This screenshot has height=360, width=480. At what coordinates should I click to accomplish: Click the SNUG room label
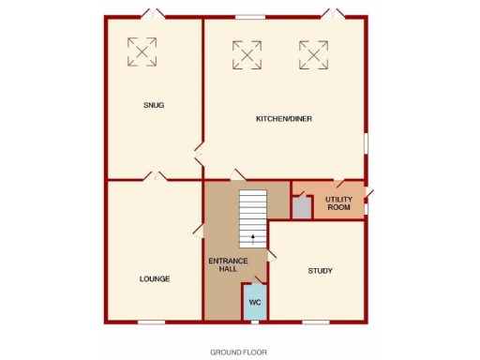[155, 105]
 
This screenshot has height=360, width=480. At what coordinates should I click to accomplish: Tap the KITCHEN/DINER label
[284, 119]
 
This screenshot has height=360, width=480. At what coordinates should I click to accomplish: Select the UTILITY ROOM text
[338, 203]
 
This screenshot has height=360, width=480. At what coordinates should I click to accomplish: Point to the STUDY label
[321, 272]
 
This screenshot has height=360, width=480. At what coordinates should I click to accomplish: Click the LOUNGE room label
[155, 278]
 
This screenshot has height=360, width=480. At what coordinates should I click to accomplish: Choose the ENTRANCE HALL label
[222, 264]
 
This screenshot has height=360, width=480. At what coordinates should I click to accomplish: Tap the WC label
[254, 302]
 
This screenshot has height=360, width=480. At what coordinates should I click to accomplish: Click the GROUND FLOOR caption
[238, 352]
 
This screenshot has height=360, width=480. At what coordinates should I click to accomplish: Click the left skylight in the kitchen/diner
[247, 53]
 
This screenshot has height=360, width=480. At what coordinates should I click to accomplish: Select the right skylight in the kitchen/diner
[314, 53]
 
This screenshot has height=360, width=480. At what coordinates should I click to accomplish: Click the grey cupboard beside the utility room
[301, 207]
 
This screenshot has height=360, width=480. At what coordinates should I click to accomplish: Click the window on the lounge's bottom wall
[151, 322]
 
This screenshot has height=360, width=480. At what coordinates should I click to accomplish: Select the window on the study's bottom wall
[316, 322]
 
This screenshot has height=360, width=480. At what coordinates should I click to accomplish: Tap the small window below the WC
[254, 322]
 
